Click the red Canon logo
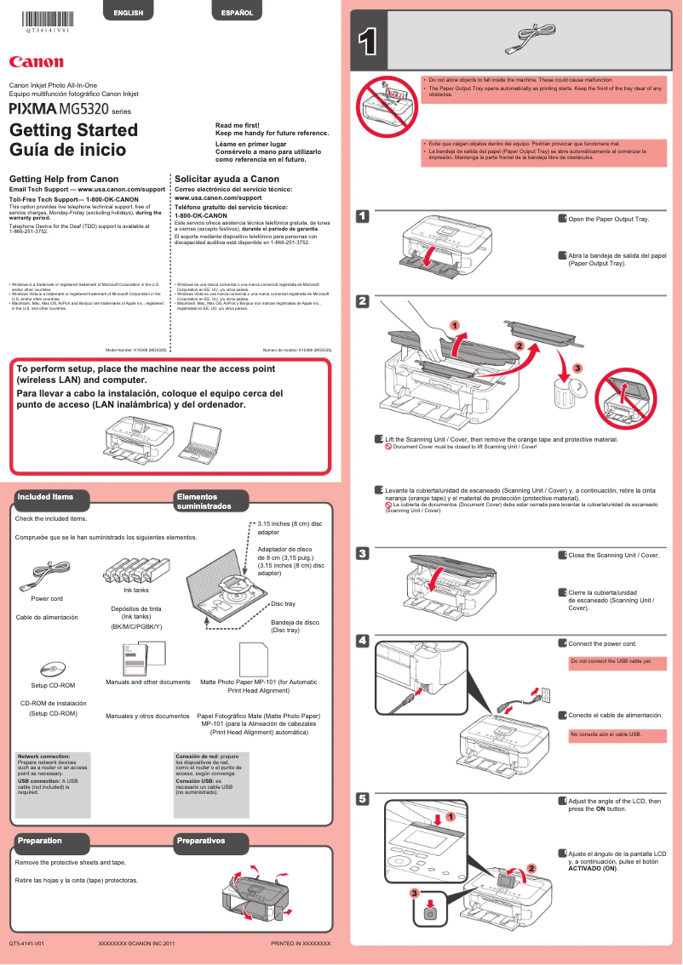tap(36, 61)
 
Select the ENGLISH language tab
tap(129, 13)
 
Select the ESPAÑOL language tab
tap(237, 13)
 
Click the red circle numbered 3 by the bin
tap(577, 368)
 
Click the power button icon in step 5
tap(430, 914)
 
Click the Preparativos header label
tap(202, 841)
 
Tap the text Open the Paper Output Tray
tap(608, 220)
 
